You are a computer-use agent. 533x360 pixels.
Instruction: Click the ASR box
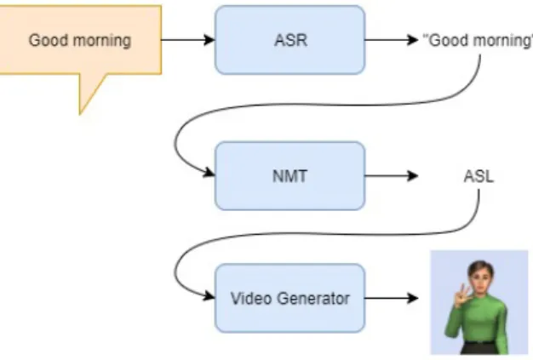tap(290, 40)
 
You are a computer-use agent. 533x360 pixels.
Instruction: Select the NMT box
tap(290, 176)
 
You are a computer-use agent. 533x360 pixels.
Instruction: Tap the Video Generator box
tap(290, 298)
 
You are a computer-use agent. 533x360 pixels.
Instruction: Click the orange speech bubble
tap(80, 40)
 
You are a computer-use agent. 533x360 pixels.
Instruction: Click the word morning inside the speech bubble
tap(102, 41)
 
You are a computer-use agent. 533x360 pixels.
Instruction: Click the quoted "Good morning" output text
tap(478, 41)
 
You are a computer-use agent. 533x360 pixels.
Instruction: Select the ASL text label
tap(479, 177)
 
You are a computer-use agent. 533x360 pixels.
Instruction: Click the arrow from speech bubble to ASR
tap(188, 40)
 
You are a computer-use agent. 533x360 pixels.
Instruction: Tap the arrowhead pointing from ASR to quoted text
tap(413, 40)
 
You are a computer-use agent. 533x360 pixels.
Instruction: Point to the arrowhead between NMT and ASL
tap(413, 176)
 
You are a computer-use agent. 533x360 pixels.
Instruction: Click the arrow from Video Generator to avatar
tap(392, 298)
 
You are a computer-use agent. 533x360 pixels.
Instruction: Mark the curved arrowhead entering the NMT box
tap(209, 174)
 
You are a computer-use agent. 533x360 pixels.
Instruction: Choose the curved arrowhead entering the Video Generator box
tap(209, 296)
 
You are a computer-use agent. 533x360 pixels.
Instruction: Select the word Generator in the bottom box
tap(313, 299)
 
